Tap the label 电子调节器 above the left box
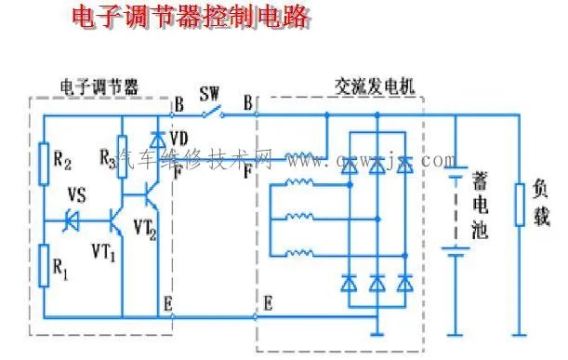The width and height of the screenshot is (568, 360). [101, 87]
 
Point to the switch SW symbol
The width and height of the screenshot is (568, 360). [213, 114]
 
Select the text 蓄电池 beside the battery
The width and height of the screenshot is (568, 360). [483, 205]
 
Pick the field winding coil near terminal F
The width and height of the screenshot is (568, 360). [298, 156]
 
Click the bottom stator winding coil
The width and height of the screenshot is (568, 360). [298, 253]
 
